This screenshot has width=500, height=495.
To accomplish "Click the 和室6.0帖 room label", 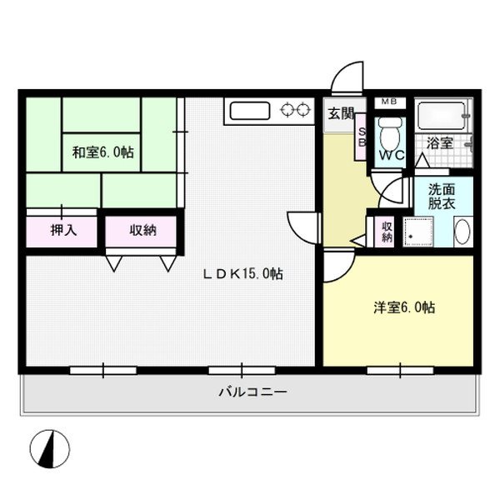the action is (103, 152).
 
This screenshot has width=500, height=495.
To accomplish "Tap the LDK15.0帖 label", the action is (243, 273).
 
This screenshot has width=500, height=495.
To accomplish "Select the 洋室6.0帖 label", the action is (404, 307).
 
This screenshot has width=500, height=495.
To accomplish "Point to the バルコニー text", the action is (252, 392).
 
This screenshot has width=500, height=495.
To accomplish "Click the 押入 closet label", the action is (64, 230).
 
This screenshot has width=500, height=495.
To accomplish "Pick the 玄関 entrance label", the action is (341, 113).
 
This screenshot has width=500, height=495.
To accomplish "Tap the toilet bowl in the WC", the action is (390, 132).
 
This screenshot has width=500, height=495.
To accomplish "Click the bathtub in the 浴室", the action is (442, 115).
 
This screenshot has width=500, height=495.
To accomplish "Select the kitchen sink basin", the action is (250, 111).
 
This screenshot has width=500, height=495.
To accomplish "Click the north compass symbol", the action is (49, 449).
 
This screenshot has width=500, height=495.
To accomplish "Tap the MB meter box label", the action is (389, 102).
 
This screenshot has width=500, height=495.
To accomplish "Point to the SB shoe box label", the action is (362, 137).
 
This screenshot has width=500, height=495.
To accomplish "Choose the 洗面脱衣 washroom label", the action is (442, 197).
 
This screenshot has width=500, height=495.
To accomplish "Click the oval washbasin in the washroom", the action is (462, 231).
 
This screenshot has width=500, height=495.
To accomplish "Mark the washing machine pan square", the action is (418, 232).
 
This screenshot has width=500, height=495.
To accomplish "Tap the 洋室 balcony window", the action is (400, 370).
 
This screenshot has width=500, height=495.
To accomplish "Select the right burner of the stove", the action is (303, 110).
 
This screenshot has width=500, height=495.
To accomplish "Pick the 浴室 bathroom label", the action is (440, 142).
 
